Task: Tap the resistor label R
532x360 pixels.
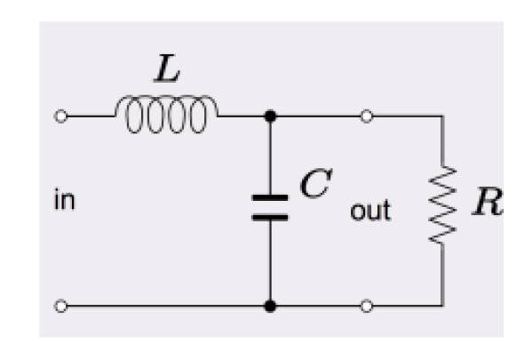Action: tap(488, 203)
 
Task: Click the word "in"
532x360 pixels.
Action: tap(64, 201)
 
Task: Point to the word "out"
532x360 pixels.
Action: tap(369, 212)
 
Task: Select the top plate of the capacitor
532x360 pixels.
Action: tap(268, 195)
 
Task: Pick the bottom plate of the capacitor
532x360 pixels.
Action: tap(268, 214)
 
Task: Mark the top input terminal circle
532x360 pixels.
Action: tap(60, 116)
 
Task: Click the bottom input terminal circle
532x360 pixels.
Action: tap(60, 307)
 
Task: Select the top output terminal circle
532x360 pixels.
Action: tap(366, 116)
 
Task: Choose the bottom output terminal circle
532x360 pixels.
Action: tap(366, 307)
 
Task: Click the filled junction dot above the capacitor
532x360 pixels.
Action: tap(268, 116)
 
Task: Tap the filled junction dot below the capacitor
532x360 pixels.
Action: tap(268, 307)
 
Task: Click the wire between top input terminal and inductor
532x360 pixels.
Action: tap(89, 116)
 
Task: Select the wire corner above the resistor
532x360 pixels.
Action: tap(441, 116)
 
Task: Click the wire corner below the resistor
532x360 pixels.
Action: tap(441, 307)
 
